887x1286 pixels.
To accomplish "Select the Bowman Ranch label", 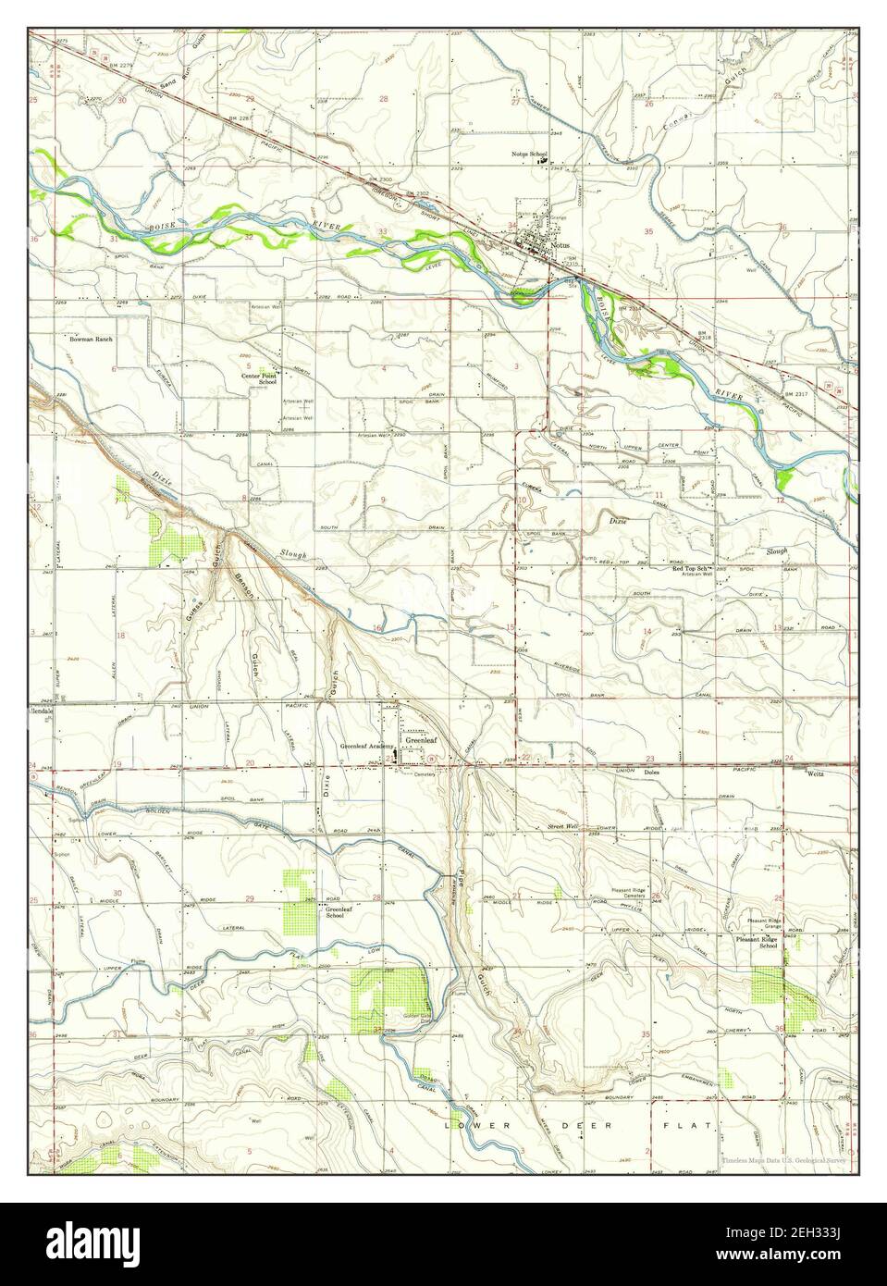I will (91, 340).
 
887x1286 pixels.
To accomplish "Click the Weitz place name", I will (815, 772).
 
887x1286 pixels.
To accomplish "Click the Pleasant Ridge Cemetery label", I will (634, 894).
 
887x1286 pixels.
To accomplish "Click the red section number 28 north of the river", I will (383, 98).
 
